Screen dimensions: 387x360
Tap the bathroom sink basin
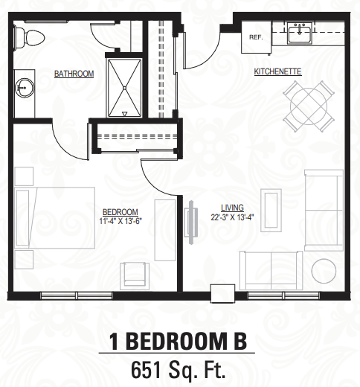point(25,87)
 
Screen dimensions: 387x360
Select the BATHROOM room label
point(74,74)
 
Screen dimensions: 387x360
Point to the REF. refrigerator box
point(256,36)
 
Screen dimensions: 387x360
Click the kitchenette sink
point(301,31)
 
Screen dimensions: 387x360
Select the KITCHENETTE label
point(277,72)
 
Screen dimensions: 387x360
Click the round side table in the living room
point(325,272)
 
